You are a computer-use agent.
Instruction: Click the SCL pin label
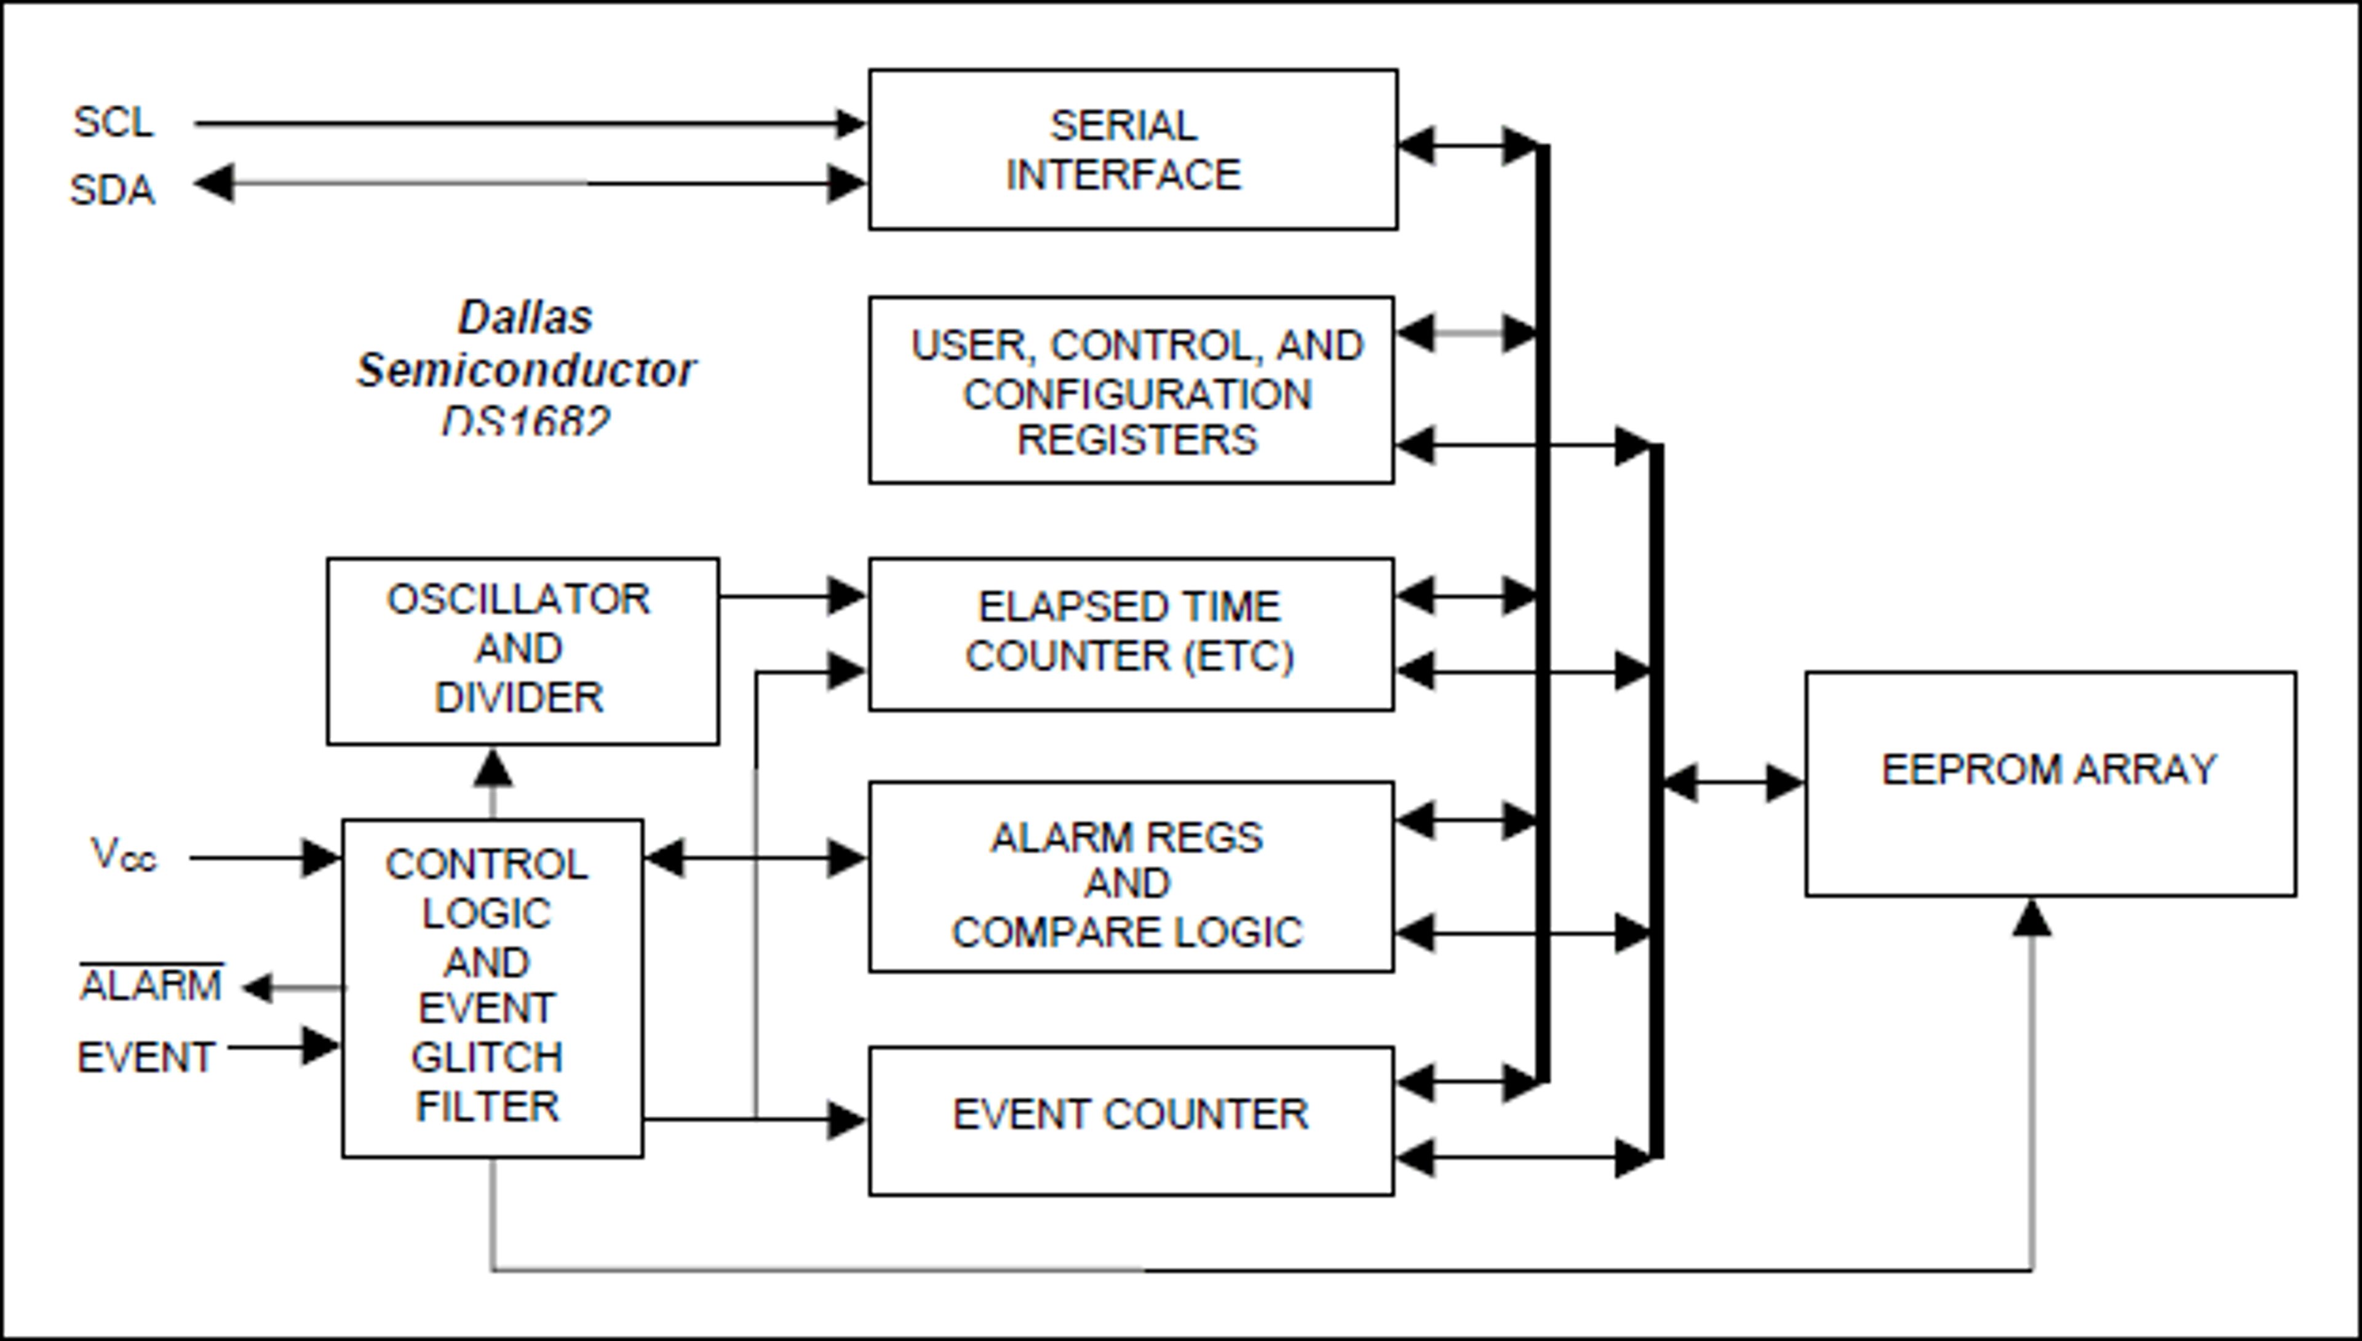(x=113, y=122)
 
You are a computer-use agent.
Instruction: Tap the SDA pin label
(x=113, y=190)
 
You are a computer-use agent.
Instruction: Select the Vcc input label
(x=124, y=855)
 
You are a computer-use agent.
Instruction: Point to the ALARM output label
(x=151, y=986)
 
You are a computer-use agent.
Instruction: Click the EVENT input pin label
(x=146, y=1056)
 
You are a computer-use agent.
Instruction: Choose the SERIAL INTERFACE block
(x=1132, y=149)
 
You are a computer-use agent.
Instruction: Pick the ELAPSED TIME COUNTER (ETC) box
(x=1131, y=634)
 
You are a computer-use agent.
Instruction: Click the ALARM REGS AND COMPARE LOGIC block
(x=1131, y=877)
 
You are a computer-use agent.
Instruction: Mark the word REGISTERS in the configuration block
(x=1137, y=440)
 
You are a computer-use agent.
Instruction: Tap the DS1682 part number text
(x=526, y=421)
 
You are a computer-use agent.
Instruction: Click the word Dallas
(x=525, y=318)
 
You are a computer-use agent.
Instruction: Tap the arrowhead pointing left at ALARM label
(x=258, y=988)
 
